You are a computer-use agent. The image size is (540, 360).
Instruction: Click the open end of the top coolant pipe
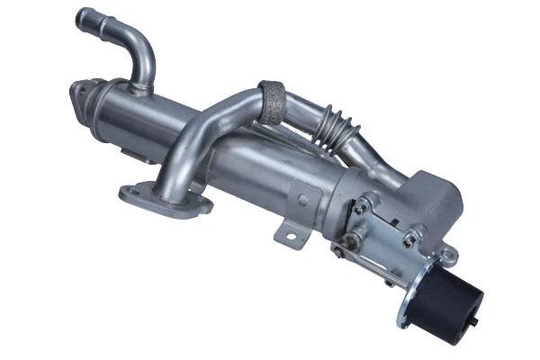pos(85,16)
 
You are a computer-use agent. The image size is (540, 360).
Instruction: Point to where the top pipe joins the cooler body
pos(140,87)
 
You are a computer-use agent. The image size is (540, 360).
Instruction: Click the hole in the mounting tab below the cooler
pos(290,236)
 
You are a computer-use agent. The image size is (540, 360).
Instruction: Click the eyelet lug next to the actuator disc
pos(447,256)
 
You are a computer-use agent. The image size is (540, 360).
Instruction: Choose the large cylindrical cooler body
pos(225,153)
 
